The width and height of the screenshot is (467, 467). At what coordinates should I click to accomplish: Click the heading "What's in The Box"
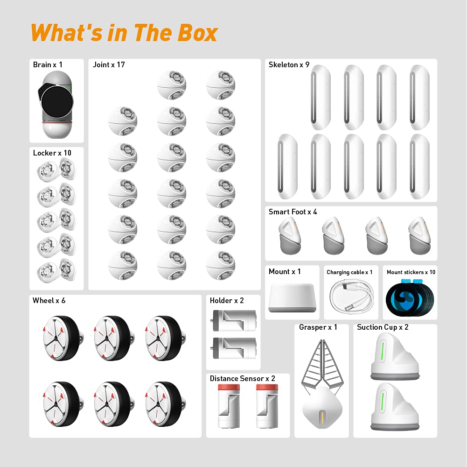pyautogui.click(x=124, y=33)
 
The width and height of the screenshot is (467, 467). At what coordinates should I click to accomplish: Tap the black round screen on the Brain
pyautogui.click(x=57, y=101)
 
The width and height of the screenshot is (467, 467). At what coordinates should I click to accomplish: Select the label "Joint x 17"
pyautogui.click(x=109, y=65)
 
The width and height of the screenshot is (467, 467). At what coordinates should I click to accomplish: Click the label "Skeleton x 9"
pyautogui.click(x=289, y=65)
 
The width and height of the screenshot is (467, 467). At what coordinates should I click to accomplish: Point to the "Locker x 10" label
pyautogui.click(x=52, y=153)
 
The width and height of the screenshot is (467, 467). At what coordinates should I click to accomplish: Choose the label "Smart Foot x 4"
pyautogui.click(x=293, y=212)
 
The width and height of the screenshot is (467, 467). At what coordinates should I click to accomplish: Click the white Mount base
pyautogui.click(x=292, y=297)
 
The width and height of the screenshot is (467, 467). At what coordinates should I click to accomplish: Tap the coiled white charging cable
pyautogui.click(x=351, y=296)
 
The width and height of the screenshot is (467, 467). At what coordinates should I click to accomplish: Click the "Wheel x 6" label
pyautogui.click(x=49, y=301)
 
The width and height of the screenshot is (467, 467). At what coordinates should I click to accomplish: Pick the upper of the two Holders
pyautogui.click(x=233, y=320)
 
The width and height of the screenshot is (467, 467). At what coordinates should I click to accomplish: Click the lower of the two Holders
pyautogui.click(x=233, y=348)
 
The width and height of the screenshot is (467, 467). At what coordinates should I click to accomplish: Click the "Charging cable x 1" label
pyautogui.click(x=349, y=272)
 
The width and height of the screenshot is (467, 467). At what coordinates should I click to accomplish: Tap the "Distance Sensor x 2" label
pyautogui.click(x=243, y=379)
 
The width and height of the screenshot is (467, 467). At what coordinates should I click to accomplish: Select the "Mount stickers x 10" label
pyautogui.click(x=411, y=272)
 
